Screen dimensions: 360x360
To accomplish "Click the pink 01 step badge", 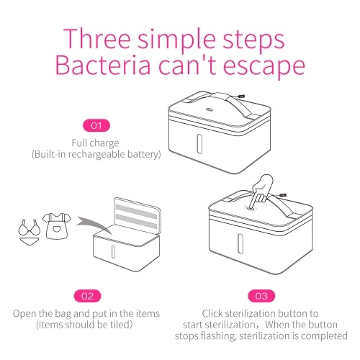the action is [x=96, y=125].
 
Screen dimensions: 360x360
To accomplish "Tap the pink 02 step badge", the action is [x=87, y=296].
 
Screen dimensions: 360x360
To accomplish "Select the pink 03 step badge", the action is [x=261, y=296].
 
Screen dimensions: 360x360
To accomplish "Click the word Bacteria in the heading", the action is [x=103, y=66].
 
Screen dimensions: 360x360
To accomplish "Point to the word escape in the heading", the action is [x=264, y=67].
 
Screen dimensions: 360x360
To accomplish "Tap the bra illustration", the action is [x=30, y=228].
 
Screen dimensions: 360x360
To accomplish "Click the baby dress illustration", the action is [x=57, y=226].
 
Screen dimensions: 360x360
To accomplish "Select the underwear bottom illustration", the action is [x=29, y=241].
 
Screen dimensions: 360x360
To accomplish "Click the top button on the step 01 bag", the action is [x=210, y=109].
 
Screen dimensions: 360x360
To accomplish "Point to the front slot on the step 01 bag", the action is [x=199, y=144].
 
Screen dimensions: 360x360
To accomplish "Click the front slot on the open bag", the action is [x=113, y=252].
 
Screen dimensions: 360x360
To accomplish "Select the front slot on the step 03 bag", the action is [x=240, y=243].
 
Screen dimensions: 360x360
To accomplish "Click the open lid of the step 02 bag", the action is [x=138, y=215].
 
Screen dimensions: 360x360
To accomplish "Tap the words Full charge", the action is [x=95, y=143].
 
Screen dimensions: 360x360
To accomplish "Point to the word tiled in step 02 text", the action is [x=121, y=325].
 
